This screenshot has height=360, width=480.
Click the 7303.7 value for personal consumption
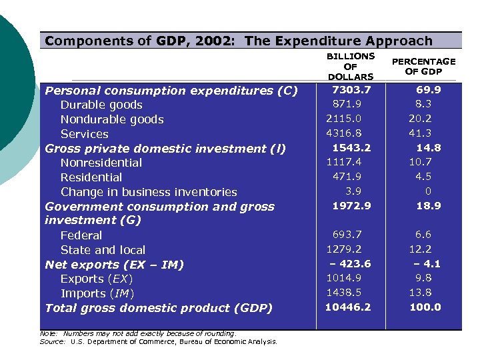tap(351, 89)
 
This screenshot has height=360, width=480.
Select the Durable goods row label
tap(101, 105)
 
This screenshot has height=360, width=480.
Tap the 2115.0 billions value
tap(344, 119)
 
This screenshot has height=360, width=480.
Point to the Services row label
tap(84, 134)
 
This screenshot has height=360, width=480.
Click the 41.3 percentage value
tap(420, 133)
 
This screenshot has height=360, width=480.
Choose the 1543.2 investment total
tap(351, 147)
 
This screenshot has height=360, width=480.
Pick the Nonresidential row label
tap(101, 163)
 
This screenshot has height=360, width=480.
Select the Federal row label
tap(81, 235)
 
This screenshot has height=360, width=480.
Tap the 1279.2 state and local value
tap(344, 249)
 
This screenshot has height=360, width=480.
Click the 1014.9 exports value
tap(344, 278)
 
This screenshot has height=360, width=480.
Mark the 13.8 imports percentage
tap(420, 293)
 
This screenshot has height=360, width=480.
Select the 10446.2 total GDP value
tap(348, 307)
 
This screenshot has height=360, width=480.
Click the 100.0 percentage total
tap(425, 307)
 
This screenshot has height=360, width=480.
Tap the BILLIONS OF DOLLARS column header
tap(350, 67)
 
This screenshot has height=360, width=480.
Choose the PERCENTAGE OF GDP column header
tap(423, 67)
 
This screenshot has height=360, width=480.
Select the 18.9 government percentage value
tap(428, 206)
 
